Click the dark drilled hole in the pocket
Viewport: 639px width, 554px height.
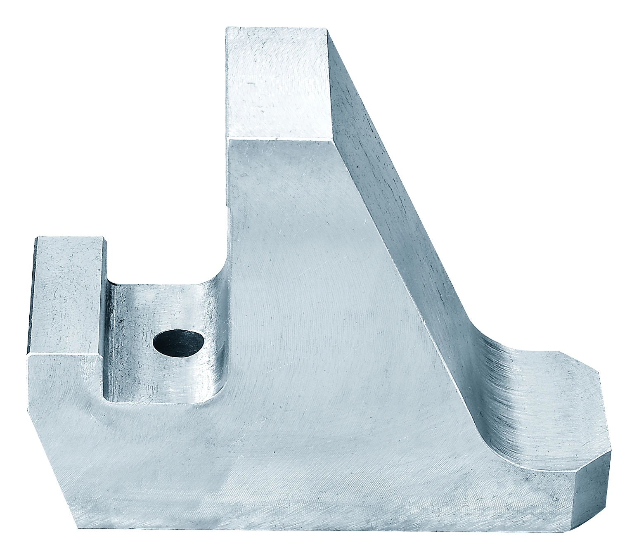pyautogui.click(x=178, y=343)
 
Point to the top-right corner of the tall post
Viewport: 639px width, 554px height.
pyautogui.click(x=327, y=29)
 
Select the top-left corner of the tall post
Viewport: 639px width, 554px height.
pyautogui.click(x=226, y=28)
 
